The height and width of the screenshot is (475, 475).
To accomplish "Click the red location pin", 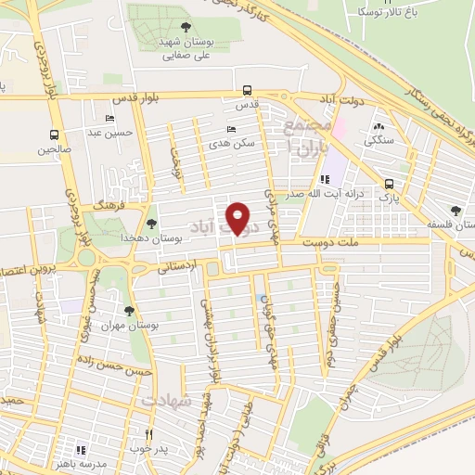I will [x=239, y=218].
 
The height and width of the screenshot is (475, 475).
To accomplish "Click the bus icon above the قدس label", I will [x=247, y=91].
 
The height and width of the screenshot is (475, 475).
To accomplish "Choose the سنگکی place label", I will [x=379, y=141].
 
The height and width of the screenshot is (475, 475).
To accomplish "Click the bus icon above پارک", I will [x=390, y=184].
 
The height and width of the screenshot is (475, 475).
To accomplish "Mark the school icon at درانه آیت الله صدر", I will [x=324, y=179].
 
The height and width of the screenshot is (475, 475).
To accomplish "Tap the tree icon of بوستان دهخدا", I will [x=152, y=223].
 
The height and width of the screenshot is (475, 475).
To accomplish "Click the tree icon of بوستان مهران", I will [x=129, y=311].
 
